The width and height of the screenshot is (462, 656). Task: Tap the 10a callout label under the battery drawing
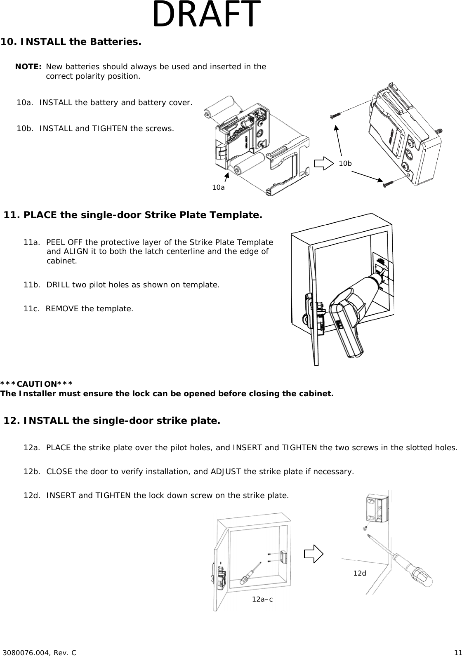(x=218, y=187)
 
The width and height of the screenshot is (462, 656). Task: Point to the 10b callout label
(x=345, y=164)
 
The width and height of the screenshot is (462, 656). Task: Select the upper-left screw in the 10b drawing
(x=337, y=115)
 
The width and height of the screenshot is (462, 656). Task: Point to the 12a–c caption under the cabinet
(x=262, y=600)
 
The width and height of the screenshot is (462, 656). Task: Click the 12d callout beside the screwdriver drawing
(x=360, y=573)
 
